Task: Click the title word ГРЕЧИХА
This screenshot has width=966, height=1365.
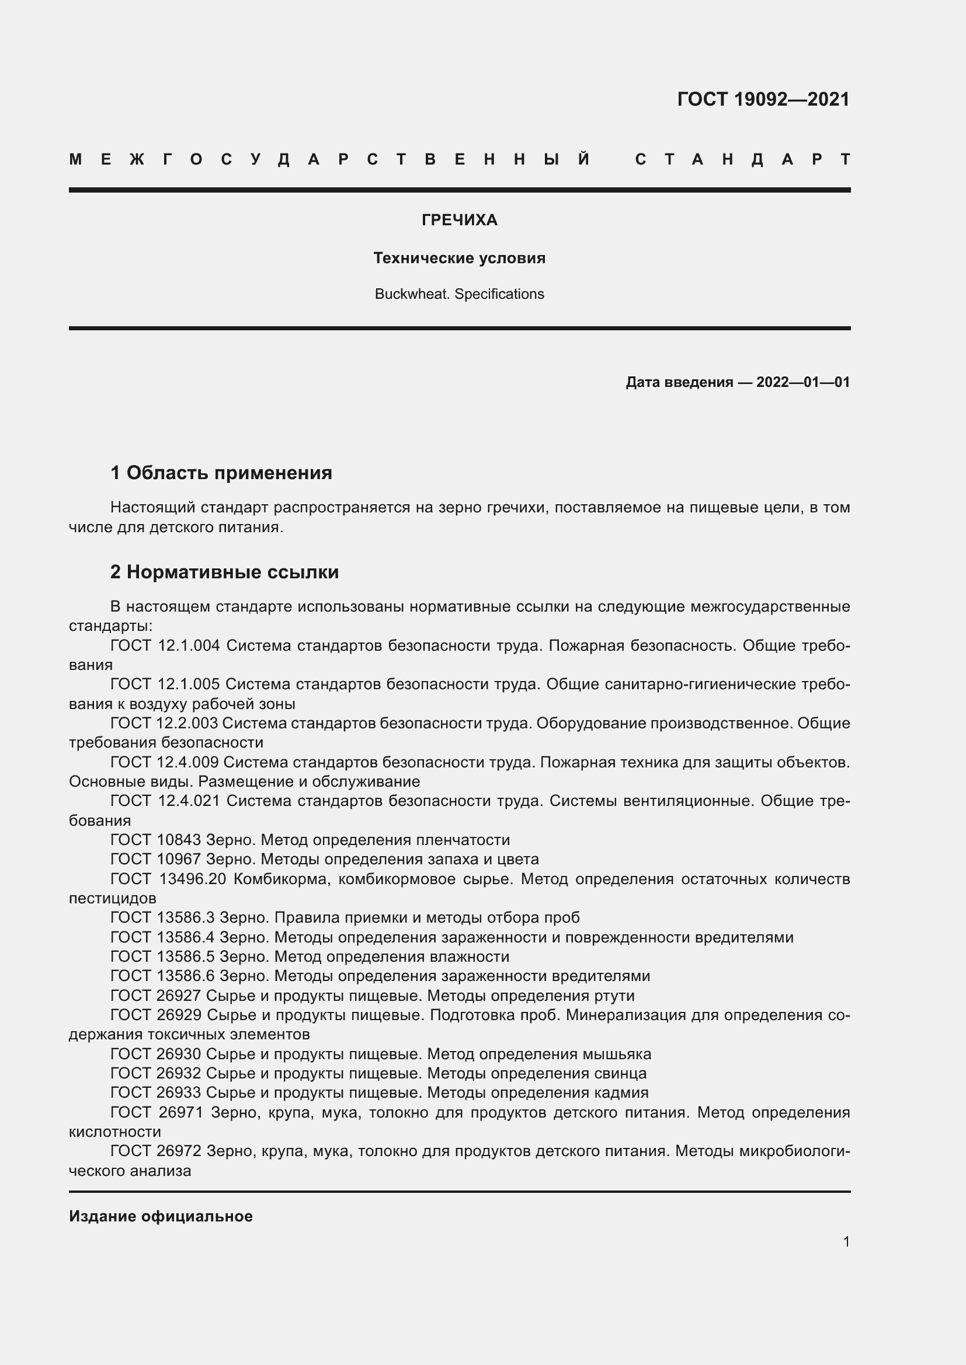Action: coord(459,221)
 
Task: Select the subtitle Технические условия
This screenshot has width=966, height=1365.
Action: coord(459,258)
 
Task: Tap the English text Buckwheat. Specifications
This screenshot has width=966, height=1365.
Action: coord(459,294)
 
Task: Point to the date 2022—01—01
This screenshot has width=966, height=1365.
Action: coord(802,382)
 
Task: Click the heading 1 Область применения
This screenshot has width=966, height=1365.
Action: coord(221,473)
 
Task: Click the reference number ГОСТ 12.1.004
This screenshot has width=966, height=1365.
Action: coord(165,645)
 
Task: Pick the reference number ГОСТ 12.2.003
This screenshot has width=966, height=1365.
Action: coord(164,724)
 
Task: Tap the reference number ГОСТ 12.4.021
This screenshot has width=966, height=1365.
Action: coord(165,801)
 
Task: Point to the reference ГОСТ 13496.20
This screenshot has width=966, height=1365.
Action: coord(168,879)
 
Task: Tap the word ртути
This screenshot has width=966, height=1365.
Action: coord(614,996)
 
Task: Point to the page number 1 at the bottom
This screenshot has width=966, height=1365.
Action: coord(846,1241)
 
